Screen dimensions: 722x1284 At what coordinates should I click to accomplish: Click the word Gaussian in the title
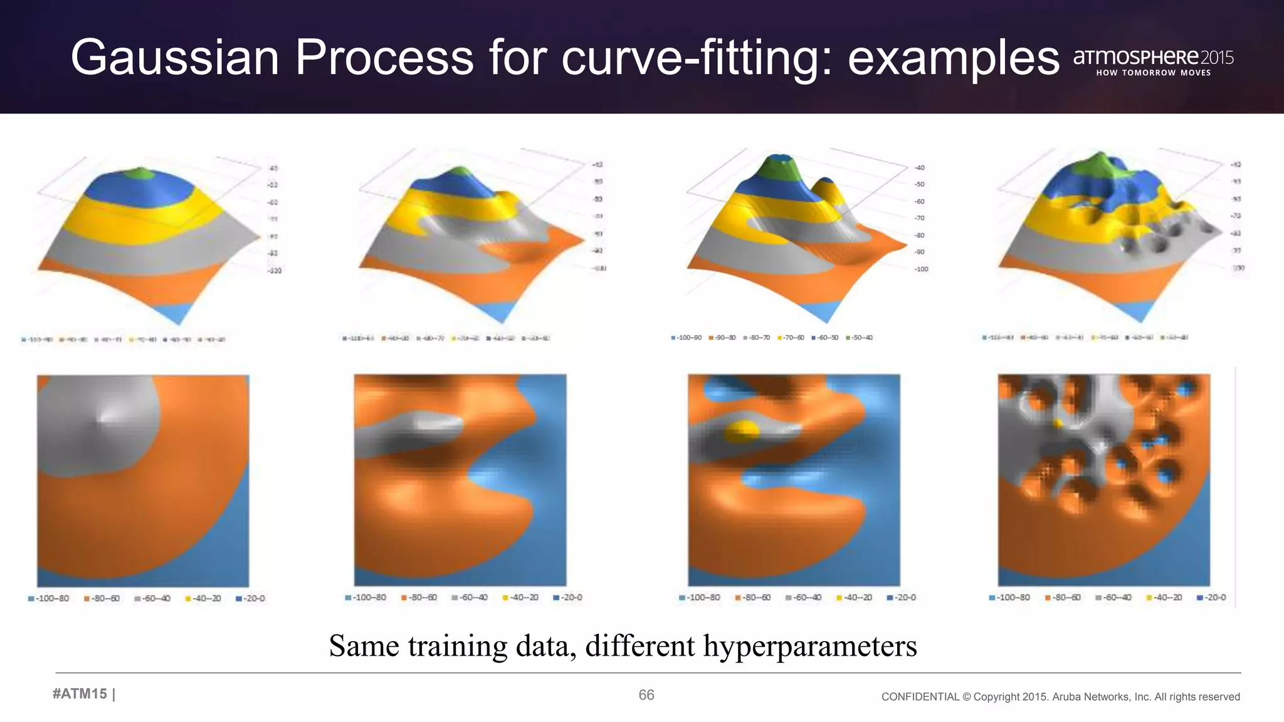point(174,58)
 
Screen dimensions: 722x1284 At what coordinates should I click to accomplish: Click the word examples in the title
point(953,58)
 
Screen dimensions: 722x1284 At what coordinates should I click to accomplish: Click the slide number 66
point(646,694)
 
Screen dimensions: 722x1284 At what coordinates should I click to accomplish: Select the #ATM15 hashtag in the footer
point(80,694)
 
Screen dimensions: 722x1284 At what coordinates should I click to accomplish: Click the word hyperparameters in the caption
point(809,646)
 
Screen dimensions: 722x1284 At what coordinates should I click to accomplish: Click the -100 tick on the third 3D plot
point(921,269)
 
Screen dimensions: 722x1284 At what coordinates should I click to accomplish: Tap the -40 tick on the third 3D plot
point(919,167)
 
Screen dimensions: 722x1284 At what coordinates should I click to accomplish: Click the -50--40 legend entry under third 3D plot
point(860,338)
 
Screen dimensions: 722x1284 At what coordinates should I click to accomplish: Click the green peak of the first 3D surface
point(142,173)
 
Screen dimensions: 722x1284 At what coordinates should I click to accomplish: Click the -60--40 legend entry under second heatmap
point(470,597)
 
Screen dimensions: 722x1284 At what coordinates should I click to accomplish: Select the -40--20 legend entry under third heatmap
point(855,597)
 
